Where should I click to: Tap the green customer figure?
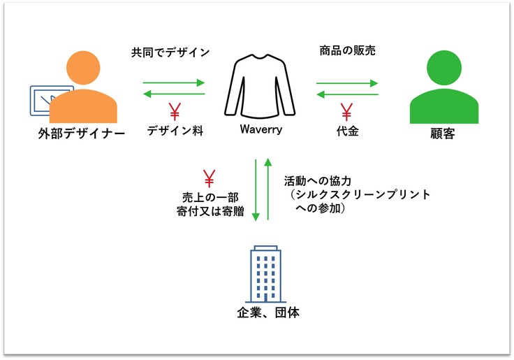444,91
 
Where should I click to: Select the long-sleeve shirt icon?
260,85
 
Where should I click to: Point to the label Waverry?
260,130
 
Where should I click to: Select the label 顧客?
443,134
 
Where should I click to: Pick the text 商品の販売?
346,52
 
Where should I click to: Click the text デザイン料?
175,131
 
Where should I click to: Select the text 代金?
347,131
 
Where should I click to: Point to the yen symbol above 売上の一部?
208,178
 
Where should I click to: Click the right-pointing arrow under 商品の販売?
346,83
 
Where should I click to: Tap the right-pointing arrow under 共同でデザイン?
174,83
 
